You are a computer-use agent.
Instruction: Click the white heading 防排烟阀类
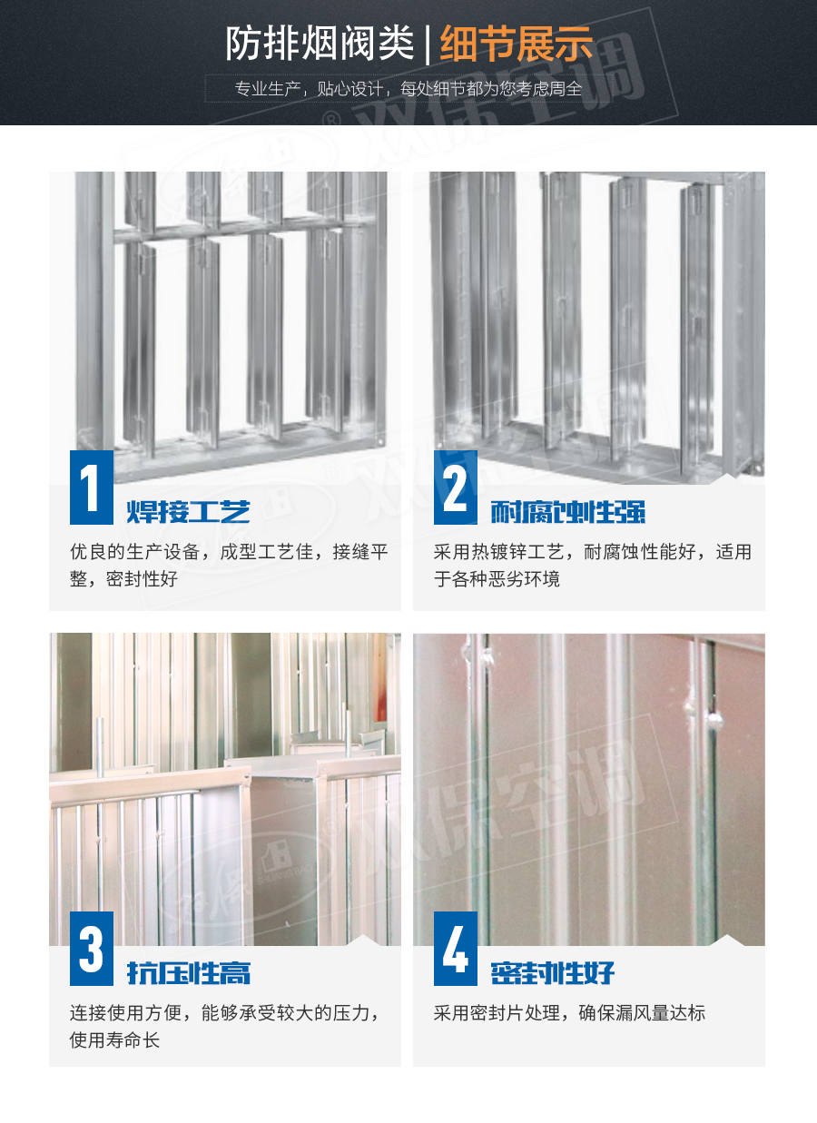click(x=320, y=44)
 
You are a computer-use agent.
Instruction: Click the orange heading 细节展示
click(x=517, y=44)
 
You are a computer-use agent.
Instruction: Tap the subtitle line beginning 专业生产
click(x=408, y=89)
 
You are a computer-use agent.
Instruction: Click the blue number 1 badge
click(x=91, y=488)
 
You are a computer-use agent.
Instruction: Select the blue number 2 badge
click(x=455, y=488)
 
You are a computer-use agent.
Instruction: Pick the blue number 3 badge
click(x=91, y=949)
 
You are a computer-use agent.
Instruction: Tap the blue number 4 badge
click(x=455, y=949)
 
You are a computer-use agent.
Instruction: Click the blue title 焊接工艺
click(x=189, y=511)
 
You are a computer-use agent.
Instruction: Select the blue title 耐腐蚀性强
click(x=568, y=511)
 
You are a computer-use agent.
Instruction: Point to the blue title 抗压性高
click(x=189, y=972)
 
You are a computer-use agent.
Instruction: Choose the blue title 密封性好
click(x=552, y=972)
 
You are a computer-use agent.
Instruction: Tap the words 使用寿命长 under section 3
click(x=114, y=1040)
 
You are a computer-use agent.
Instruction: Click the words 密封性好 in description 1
click(x=143, y=579)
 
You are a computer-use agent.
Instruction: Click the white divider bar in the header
click(x=428, y=45)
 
